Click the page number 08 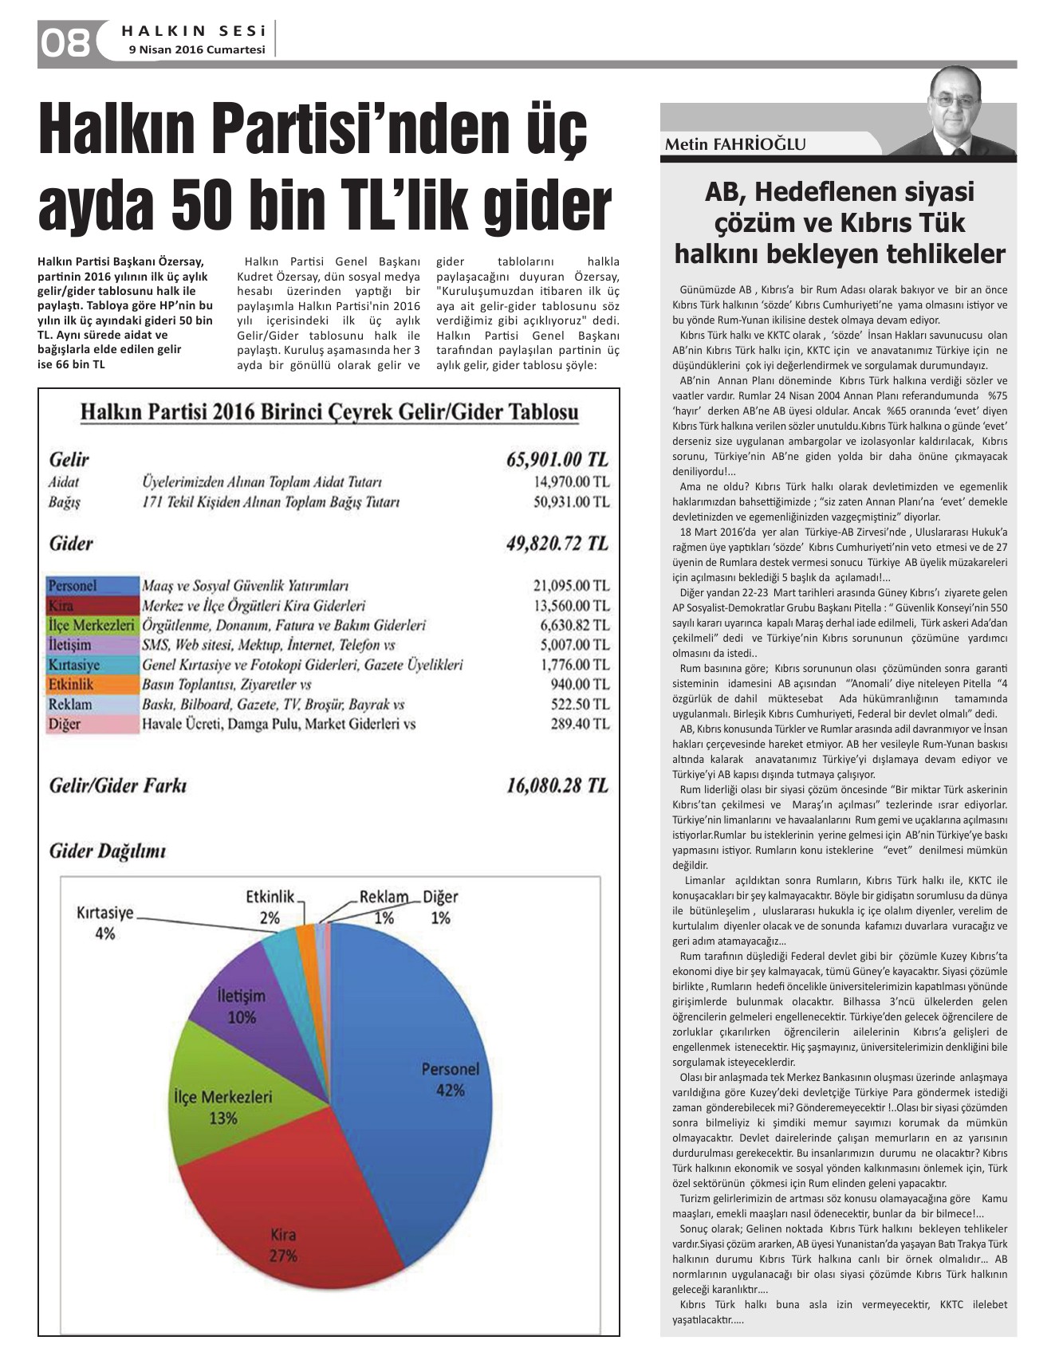[65, 42]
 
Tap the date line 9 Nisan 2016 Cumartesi [197, 49]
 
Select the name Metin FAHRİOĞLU [735, 144]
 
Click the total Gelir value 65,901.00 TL [557, 459]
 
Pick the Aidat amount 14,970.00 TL [571, 481]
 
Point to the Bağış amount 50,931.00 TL [571, 502]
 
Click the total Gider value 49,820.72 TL [557, 544]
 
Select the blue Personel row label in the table [73, 586]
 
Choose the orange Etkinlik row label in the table [71, 685]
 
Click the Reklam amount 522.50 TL [580, 705]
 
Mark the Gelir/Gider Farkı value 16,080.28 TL [557, 785]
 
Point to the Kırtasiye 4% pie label [104, 922]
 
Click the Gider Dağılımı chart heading [108, 851]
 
